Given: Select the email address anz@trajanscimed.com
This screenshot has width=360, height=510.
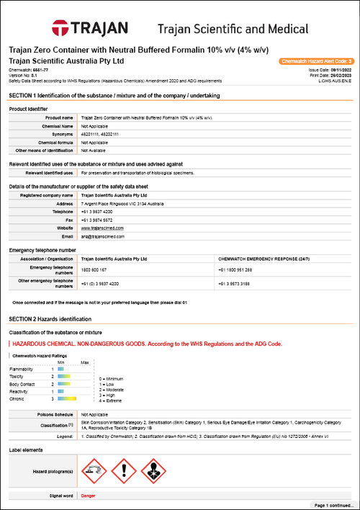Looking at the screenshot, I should [x=104, y=236].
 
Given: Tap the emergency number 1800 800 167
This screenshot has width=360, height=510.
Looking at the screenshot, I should [x=94, y=268].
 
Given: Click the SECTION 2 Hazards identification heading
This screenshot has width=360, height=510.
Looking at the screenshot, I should [x=50, y=318].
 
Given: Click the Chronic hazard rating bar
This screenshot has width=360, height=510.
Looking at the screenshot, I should [x=66, y=398].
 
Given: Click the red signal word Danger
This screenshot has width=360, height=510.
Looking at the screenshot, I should [x=88, y=496].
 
